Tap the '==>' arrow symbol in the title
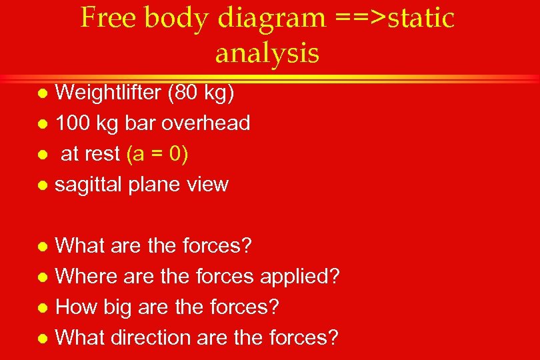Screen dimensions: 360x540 point(361,18)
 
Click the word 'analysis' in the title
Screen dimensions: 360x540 point(267,53)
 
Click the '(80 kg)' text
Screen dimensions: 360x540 point(201,93)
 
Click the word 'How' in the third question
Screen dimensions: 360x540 point(75,307)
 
